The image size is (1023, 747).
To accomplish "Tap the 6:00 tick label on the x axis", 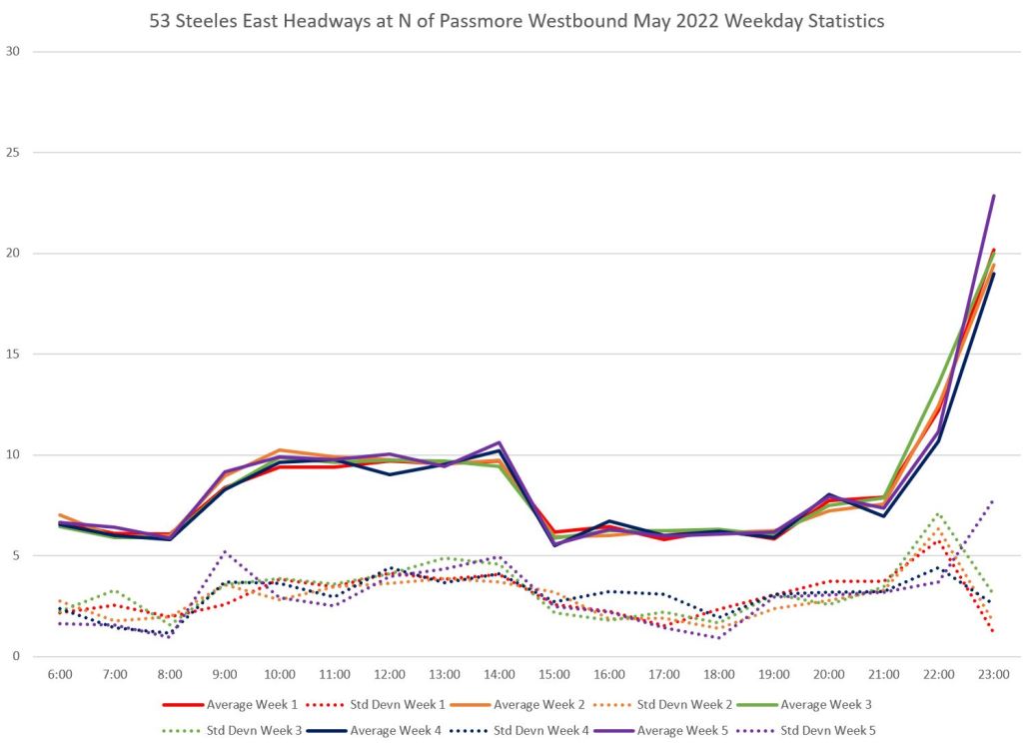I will (x=60, y=675).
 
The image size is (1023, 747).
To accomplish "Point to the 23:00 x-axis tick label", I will (x=993, y=675).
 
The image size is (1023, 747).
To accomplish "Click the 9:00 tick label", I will (x=225, y=675).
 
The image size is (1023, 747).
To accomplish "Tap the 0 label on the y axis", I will (x=16, y=656).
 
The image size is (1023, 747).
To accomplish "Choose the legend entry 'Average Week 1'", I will (x=251, y=704).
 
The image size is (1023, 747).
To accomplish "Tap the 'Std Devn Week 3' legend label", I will (x=251, y=730).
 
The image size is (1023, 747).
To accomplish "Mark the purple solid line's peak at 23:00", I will (x=993, y=196).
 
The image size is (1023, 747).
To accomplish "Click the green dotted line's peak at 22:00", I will (x=938, y=513).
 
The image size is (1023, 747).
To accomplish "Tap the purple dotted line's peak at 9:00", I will (x=225, y=551).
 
